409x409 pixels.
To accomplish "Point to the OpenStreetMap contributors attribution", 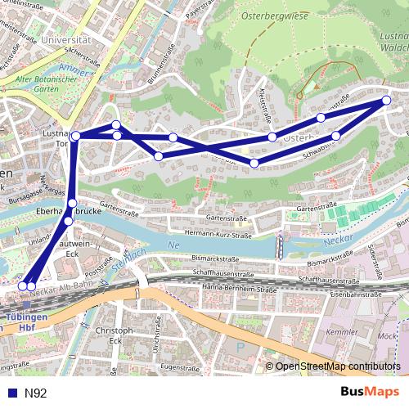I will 337,366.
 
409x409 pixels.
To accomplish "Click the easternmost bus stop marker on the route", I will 387,101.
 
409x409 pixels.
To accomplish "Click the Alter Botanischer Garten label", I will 44,85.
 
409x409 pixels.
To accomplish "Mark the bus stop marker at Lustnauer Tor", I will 75,136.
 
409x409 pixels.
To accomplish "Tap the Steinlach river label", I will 124,262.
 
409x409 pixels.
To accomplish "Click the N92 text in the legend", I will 34,393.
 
